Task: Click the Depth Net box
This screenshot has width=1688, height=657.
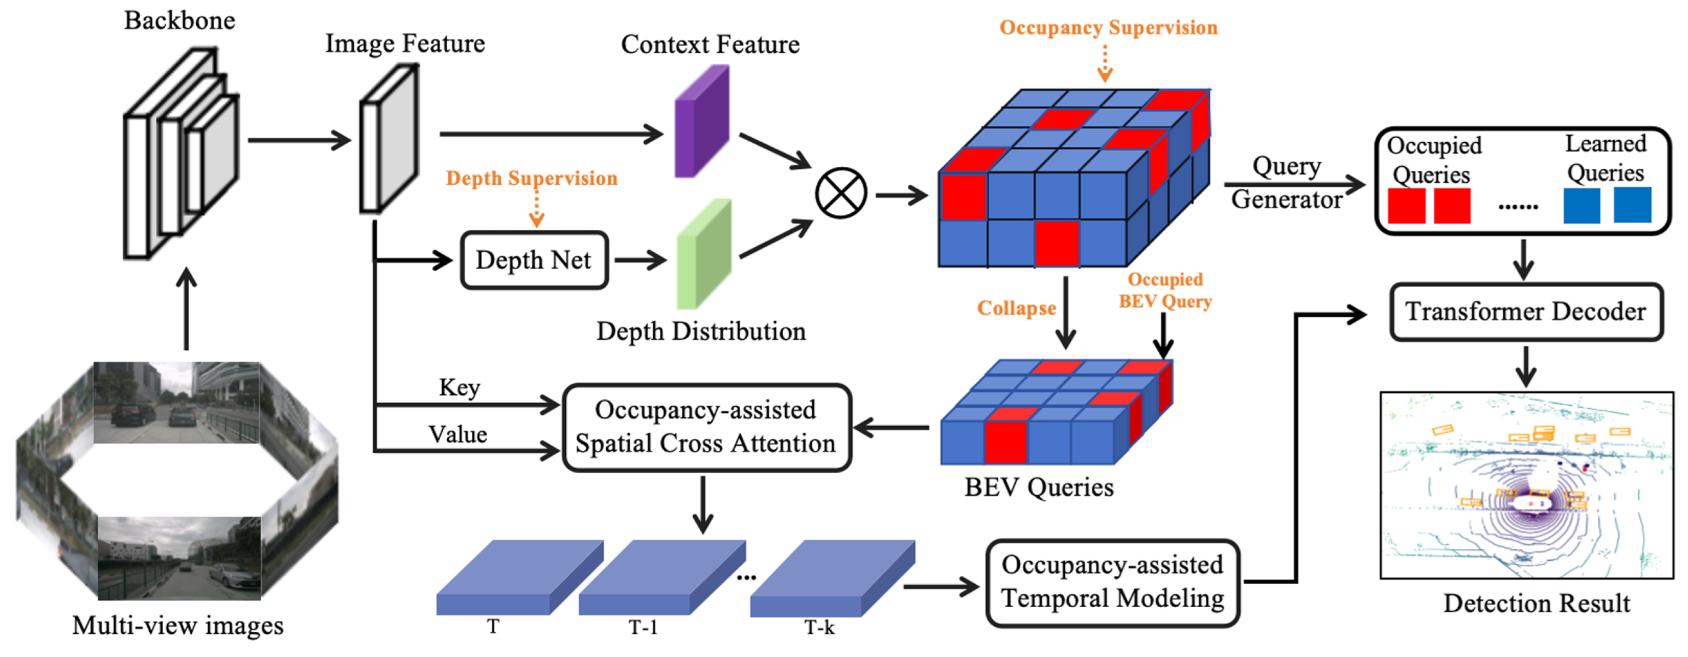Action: [534, 260]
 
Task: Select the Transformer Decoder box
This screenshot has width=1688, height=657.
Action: [1526, 311]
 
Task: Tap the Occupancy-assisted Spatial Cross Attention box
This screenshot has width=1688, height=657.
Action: [706, 427]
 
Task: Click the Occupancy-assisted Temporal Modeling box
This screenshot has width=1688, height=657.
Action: [1112, 582]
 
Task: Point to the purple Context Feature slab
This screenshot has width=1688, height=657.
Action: [702, 121]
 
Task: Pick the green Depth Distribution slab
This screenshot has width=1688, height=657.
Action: [704, 254]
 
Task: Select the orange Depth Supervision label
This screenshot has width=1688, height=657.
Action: [531, 178]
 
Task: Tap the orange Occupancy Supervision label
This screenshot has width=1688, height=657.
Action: [1108, 27]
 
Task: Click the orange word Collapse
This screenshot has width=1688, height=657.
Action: [1016, 308]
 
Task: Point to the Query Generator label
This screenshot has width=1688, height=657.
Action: [1286, 183]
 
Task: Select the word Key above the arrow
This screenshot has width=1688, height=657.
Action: [459, 387]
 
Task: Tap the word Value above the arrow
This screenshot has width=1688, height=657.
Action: [458, 434]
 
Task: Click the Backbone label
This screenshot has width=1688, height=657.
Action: [179, 20]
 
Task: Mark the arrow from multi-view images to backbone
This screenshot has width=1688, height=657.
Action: [187, 308]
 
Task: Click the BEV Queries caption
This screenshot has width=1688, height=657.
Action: [1039, 488]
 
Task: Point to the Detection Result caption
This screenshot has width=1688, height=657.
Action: [1536, 603]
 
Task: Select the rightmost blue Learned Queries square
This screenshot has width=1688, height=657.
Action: [1632, 206]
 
